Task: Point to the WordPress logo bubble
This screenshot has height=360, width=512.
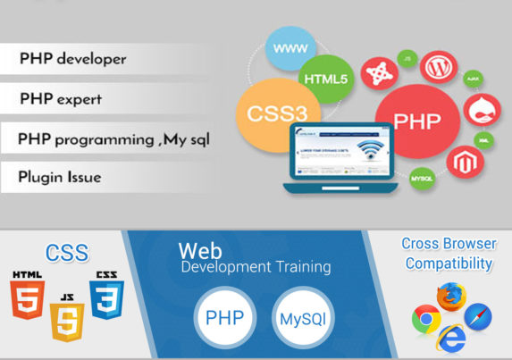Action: pyautogui.click(x=438, y=66)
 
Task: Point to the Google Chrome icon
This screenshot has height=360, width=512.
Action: pyautogui.click(x=425, y=319)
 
